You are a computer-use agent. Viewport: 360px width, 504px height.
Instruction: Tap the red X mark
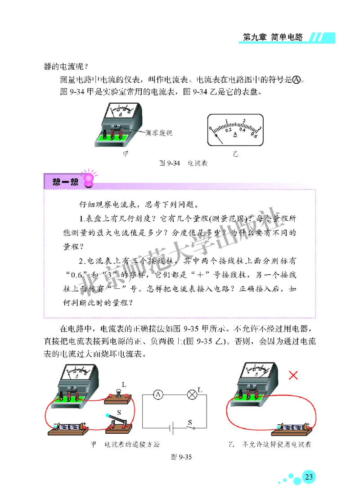click(293, 375)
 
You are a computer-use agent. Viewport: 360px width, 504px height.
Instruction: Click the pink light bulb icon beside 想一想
click(87, 177)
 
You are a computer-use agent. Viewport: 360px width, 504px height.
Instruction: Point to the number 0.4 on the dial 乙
click(242, 129)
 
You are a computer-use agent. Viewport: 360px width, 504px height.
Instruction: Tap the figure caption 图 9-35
click(181, 457)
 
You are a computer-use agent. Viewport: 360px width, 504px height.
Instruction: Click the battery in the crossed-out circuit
click(292, 426)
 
